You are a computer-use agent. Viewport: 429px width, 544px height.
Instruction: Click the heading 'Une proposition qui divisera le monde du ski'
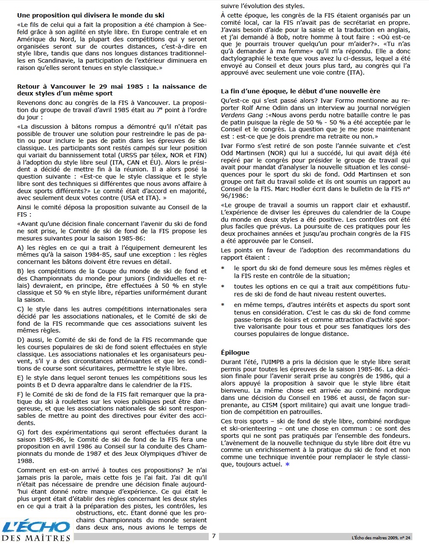click(90, 16)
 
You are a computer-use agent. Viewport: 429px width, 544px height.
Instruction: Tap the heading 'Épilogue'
click(235, 353)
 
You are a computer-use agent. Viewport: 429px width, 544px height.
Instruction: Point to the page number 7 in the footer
click(213, 536)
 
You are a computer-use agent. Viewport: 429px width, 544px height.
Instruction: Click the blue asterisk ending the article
click(287, 464)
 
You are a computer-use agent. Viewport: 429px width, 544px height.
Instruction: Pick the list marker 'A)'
click(20, 248)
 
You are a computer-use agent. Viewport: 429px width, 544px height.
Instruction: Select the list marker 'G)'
click(20, 432)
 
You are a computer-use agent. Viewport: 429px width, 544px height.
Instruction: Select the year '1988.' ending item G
click(25, 461)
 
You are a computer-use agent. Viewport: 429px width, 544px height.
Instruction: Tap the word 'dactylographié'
click(242, 58)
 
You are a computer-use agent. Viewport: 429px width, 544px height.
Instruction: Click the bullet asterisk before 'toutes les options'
click(223, 286)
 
